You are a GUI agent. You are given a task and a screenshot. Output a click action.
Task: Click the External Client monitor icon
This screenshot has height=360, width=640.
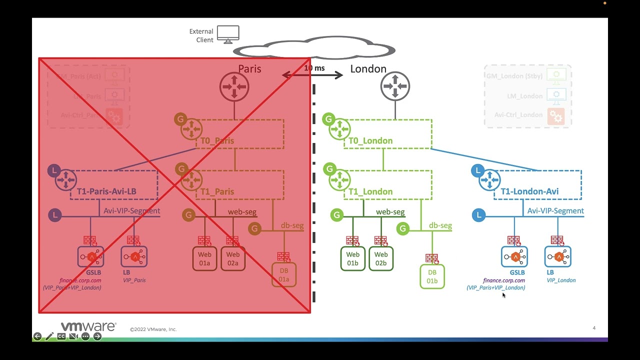coord(228,34)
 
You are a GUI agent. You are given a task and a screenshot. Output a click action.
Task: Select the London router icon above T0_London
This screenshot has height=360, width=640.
coord(395,86)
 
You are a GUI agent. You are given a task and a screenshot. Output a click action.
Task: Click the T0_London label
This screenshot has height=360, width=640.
coord(370,140)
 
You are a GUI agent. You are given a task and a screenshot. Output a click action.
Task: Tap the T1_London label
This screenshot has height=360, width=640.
coord(370,191)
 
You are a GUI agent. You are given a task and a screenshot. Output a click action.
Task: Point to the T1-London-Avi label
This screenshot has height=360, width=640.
coord(529,191)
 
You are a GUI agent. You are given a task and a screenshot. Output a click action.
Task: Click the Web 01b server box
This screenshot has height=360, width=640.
coord(352,258)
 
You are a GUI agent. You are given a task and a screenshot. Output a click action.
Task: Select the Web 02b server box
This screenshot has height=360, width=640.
coord(381,258)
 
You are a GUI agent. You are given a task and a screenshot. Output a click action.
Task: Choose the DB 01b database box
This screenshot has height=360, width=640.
coord(432,276)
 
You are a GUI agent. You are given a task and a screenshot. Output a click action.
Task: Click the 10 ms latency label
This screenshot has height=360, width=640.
coord(314,68)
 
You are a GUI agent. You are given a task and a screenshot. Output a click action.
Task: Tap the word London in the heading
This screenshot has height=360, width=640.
coord(368,69)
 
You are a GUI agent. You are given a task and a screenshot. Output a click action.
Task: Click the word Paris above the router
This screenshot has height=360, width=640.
coord(249,69)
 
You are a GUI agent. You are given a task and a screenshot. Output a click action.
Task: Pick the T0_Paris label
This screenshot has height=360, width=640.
coord(217,140)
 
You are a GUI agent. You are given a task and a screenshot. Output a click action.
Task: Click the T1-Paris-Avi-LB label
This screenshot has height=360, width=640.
coord(106,191)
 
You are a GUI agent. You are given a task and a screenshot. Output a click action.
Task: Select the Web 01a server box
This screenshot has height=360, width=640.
coord(204,258)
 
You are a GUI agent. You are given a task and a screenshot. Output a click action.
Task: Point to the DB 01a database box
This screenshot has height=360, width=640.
coord(284,275)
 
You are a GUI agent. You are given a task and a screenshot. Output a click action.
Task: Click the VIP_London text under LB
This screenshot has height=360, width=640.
coord(561,280)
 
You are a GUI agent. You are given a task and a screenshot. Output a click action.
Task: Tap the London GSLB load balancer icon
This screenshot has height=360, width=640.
coord(514,257)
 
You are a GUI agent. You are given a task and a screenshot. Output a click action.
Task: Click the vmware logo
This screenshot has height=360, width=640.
coord(88,326)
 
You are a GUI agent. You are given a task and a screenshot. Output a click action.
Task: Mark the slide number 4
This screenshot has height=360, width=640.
coord(594,328)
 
